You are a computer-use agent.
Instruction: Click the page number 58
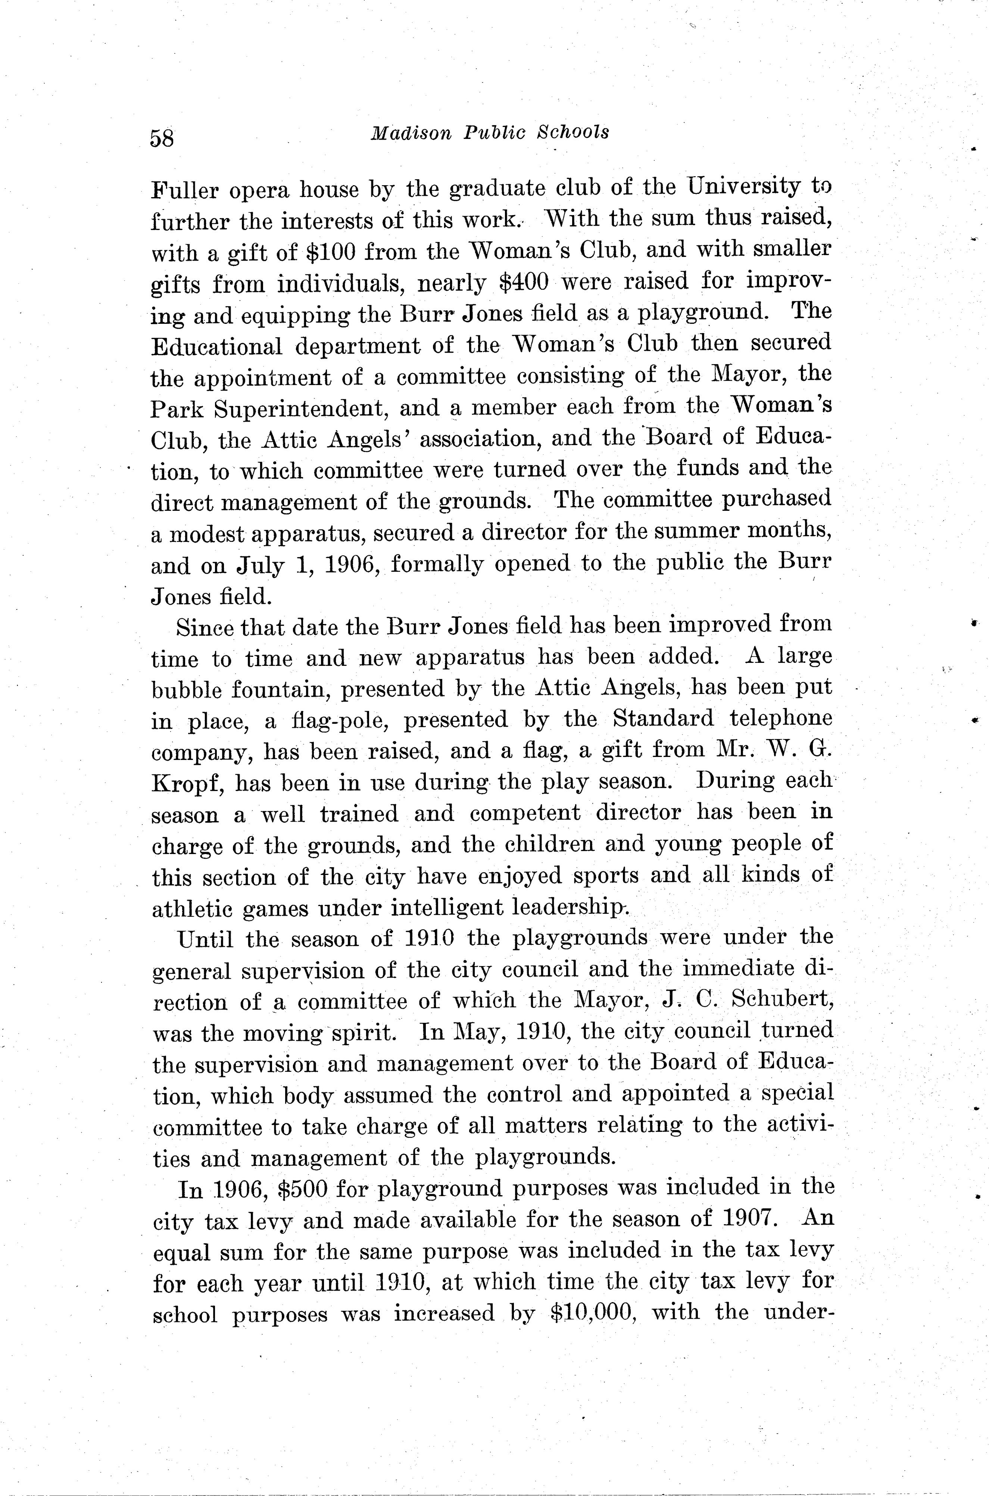coord(162,137)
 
